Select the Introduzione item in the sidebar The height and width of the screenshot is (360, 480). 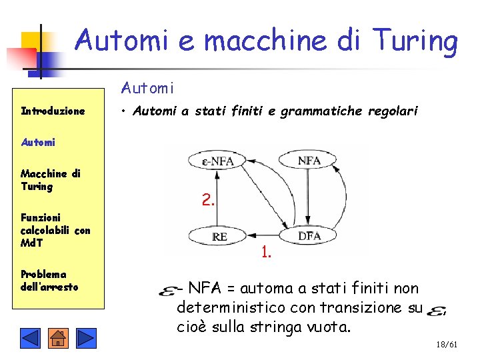pyautogui.click(x=53, y=111)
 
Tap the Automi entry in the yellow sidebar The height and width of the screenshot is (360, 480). pyautogui.click(x=38, y=142)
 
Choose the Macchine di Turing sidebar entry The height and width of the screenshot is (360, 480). pyautogui.click(x=51, y=180)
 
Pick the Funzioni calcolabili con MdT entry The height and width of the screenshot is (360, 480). pyautogui.click(x=55, y=230)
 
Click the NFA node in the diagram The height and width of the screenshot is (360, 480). pyautogui.click(x=309, y=160)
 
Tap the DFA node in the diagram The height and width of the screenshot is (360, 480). pyautogui.click(x=309, y=236)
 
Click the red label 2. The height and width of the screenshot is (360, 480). pyautogui.click(x=208, y=199)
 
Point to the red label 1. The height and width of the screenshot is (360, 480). pyautogui.click(x=266, y=252)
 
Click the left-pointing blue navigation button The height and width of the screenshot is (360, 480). pyautogui.click(x=30, y=338)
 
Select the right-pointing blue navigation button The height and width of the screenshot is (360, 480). pyautogui.click(x=86, y=338)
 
